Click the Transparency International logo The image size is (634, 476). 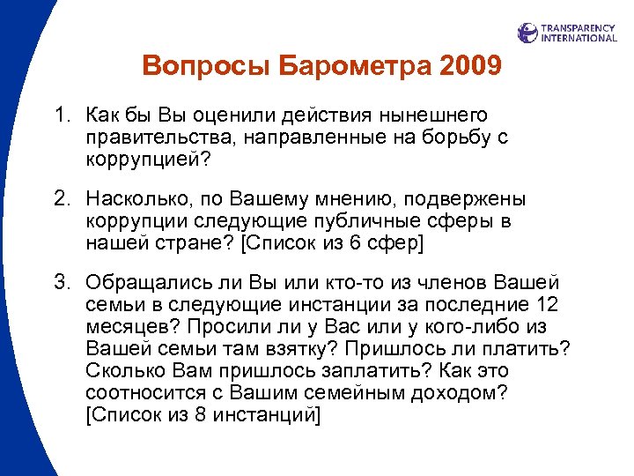click(567, 33)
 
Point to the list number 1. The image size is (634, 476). click(60, 116)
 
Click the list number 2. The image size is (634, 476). click(60, 200)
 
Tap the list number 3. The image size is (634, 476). click(60, 284)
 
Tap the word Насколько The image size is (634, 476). click(136, 200)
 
